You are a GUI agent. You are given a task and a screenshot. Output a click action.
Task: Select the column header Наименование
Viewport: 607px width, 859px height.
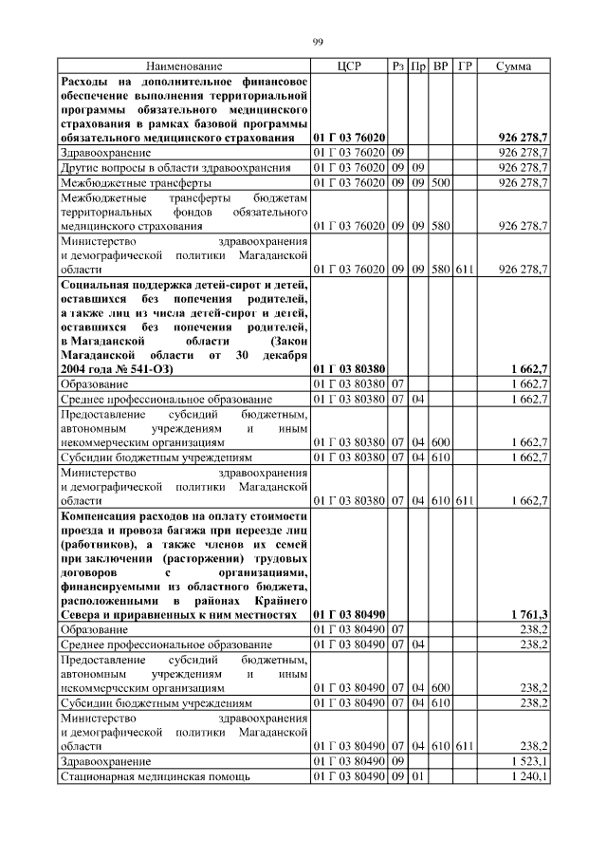pyautogui.click(x=184, y=65)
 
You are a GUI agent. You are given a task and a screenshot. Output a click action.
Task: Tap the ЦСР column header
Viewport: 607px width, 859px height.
pyautogui.click(x=348, y=65)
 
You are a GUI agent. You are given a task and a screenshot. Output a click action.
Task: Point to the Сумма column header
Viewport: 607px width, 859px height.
pyautogui.click(x=513, y=65)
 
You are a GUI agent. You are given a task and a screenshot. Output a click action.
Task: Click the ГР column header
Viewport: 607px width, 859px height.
pyautogui.click(x=465, y=65)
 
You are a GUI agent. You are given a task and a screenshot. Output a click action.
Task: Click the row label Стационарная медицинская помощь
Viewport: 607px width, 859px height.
pyautogui.click(x=156, y=776)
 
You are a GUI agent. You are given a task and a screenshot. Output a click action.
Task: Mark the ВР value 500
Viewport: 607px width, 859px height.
pyautogui.click(x=440, y=182)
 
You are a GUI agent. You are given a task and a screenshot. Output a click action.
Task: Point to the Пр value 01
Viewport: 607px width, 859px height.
pyautogui.click(x=418, y=776)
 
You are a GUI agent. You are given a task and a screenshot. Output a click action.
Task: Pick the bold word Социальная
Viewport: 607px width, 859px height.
pyautogui.click(x=99, y=284)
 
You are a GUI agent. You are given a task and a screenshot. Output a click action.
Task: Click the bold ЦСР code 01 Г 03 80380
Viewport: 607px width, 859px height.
pyautogui.click(x=348, y=367)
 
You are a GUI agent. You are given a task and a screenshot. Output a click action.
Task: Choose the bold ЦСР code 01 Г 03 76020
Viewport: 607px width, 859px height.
pyautogui.click(x=348, y=139)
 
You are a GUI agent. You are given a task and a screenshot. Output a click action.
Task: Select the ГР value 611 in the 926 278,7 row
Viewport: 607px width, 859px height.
pyautogui.click(x=465, y=270)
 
